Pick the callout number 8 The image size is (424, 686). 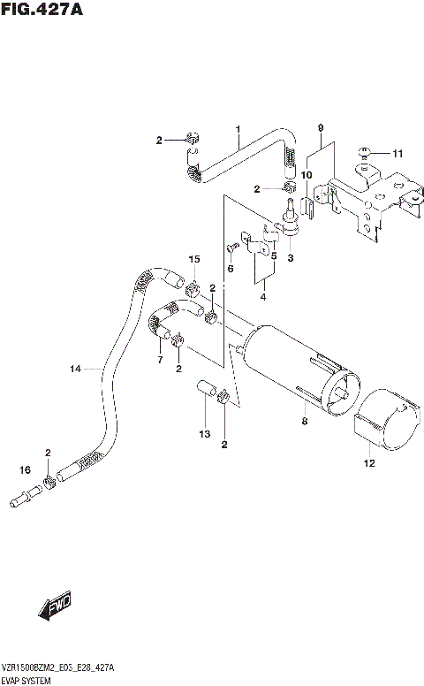click(x=303, y=423)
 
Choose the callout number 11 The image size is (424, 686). click(x=397, y=154)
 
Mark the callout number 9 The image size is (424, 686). click(x=321, y=128)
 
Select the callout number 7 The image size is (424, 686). click(x=159, y=360)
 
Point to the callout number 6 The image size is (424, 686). click(x=230, y=268)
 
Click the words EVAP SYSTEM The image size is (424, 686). click(x=26, y=681)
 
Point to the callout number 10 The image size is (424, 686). click(x=306, y=175)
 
